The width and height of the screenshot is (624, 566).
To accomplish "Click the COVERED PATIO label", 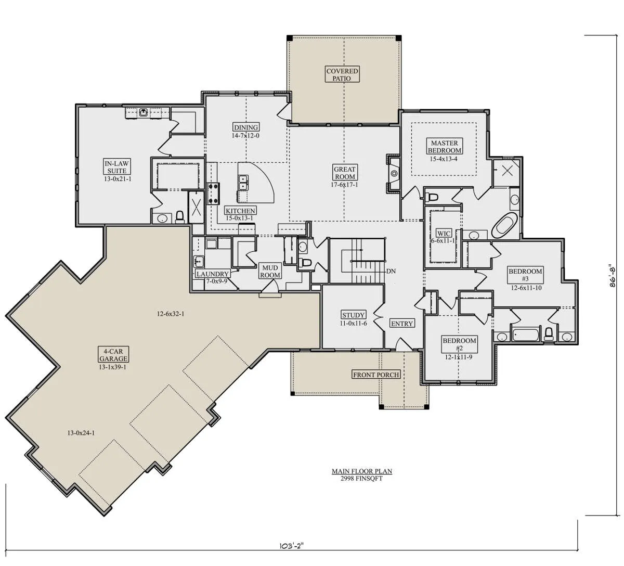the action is [342, 74].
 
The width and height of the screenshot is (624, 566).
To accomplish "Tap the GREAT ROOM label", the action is [344, 173].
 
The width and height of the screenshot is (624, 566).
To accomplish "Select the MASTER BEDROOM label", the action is [444, 147].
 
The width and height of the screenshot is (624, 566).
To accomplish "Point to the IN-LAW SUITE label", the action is [117, 167].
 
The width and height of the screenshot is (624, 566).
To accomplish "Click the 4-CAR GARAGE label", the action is [113, 355].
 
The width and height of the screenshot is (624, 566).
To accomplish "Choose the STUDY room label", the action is [353, 315].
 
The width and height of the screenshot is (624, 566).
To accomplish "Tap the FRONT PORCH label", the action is [376, 375].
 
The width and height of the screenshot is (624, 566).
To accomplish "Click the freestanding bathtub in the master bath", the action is [504, 225].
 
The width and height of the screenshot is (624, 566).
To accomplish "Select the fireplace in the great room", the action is [394, 173].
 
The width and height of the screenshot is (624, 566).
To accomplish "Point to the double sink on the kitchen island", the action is [243, 183].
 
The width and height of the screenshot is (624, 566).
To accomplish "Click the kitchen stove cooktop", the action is [213, 194].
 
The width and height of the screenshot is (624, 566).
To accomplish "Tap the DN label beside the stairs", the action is [391, 271].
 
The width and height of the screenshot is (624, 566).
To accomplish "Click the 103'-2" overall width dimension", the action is [291, 555].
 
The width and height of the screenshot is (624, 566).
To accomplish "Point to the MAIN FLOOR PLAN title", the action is [362, 471].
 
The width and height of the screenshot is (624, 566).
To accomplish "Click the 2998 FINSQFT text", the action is [361, 479].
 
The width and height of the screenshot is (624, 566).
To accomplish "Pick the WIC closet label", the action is [444, 234].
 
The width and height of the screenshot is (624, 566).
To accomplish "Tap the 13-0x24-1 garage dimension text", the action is [81, 433].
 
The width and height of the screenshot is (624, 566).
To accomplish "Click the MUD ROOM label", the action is [270, 272].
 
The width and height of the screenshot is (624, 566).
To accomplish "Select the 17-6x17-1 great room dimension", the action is [344, 185].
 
